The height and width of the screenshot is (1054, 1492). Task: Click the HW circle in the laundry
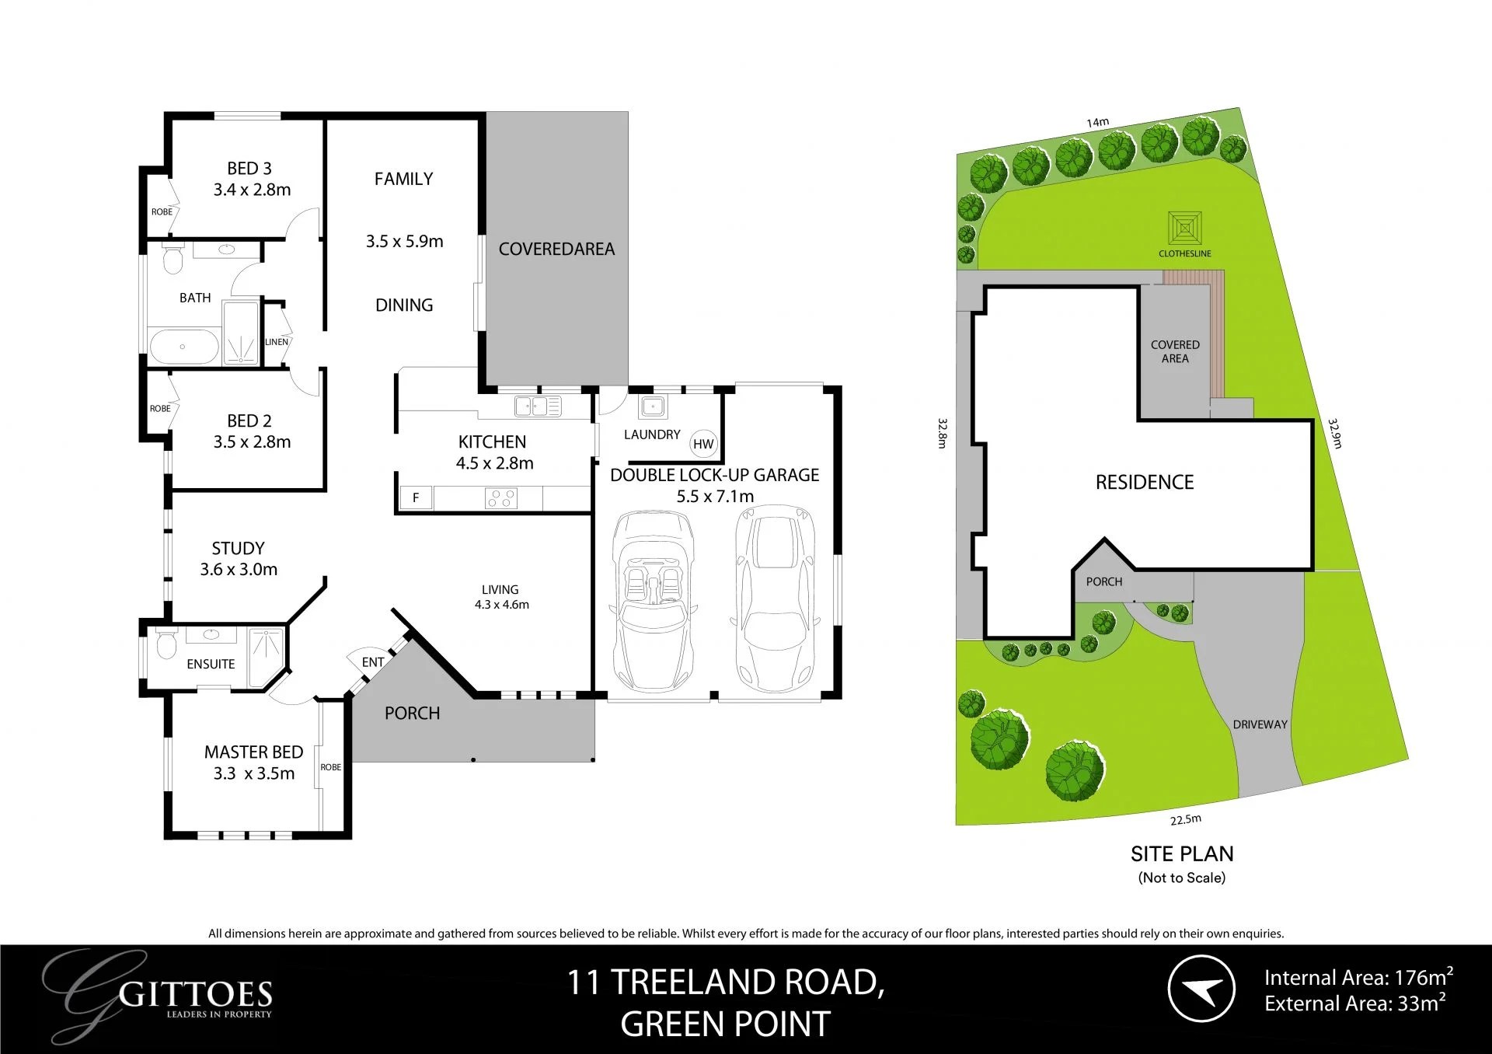click(x=703, y=444)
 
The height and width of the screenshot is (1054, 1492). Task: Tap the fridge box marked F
click(x=416, y=497)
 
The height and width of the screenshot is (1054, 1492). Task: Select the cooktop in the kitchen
click(x=500, y=497)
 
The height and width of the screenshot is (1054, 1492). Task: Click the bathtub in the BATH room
click(x=183, y=347)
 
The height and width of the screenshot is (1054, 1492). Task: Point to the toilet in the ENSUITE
click(x=166, y=644)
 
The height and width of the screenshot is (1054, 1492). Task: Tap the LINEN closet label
click(x=277, y=342)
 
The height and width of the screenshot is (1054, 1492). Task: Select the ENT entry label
click(x=373, y=662)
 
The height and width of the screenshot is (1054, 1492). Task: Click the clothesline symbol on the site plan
click(x=1185, y=229)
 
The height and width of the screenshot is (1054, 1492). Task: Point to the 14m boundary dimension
click(x=1097, y=122)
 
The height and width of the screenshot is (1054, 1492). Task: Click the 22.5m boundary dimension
click(x=1186, y=819)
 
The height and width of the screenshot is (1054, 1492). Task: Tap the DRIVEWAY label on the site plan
click(x=1260, y=724)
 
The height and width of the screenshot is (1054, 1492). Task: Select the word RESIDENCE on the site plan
click(x=1144, y=482)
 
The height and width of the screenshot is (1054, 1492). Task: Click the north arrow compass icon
click(x=1201, y=989)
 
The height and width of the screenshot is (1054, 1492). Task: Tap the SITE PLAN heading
click(x=1181, y=853)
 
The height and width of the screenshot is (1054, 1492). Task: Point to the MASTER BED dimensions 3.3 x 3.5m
click(x=254, y=773)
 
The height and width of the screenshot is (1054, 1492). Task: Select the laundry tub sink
click(x=651, y=405)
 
